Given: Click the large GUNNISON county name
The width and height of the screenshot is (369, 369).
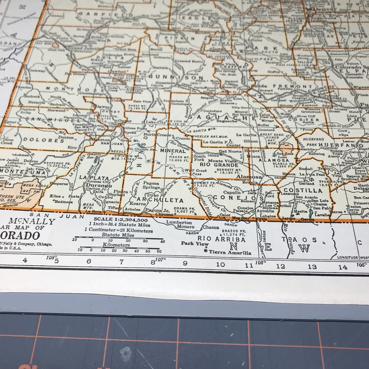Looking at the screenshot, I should coord(175,77).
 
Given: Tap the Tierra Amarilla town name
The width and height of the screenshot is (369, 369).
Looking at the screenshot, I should coord(229,253).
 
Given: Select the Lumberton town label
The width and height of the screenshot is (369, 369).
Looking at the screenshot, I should coord(179,222).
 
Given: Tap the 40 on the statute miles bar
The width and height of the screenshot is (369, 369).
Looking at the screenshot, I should coord(163,241).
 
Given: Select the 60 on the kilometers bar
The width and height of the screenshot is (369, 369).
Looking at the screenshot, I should coord(159,250).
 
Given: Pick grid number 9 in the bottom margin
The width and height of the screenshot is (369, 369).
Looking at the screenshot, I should coord(185,263).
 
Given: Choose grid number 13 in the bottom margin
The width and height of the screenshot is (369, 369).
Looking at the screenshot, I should coord(312,266).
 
